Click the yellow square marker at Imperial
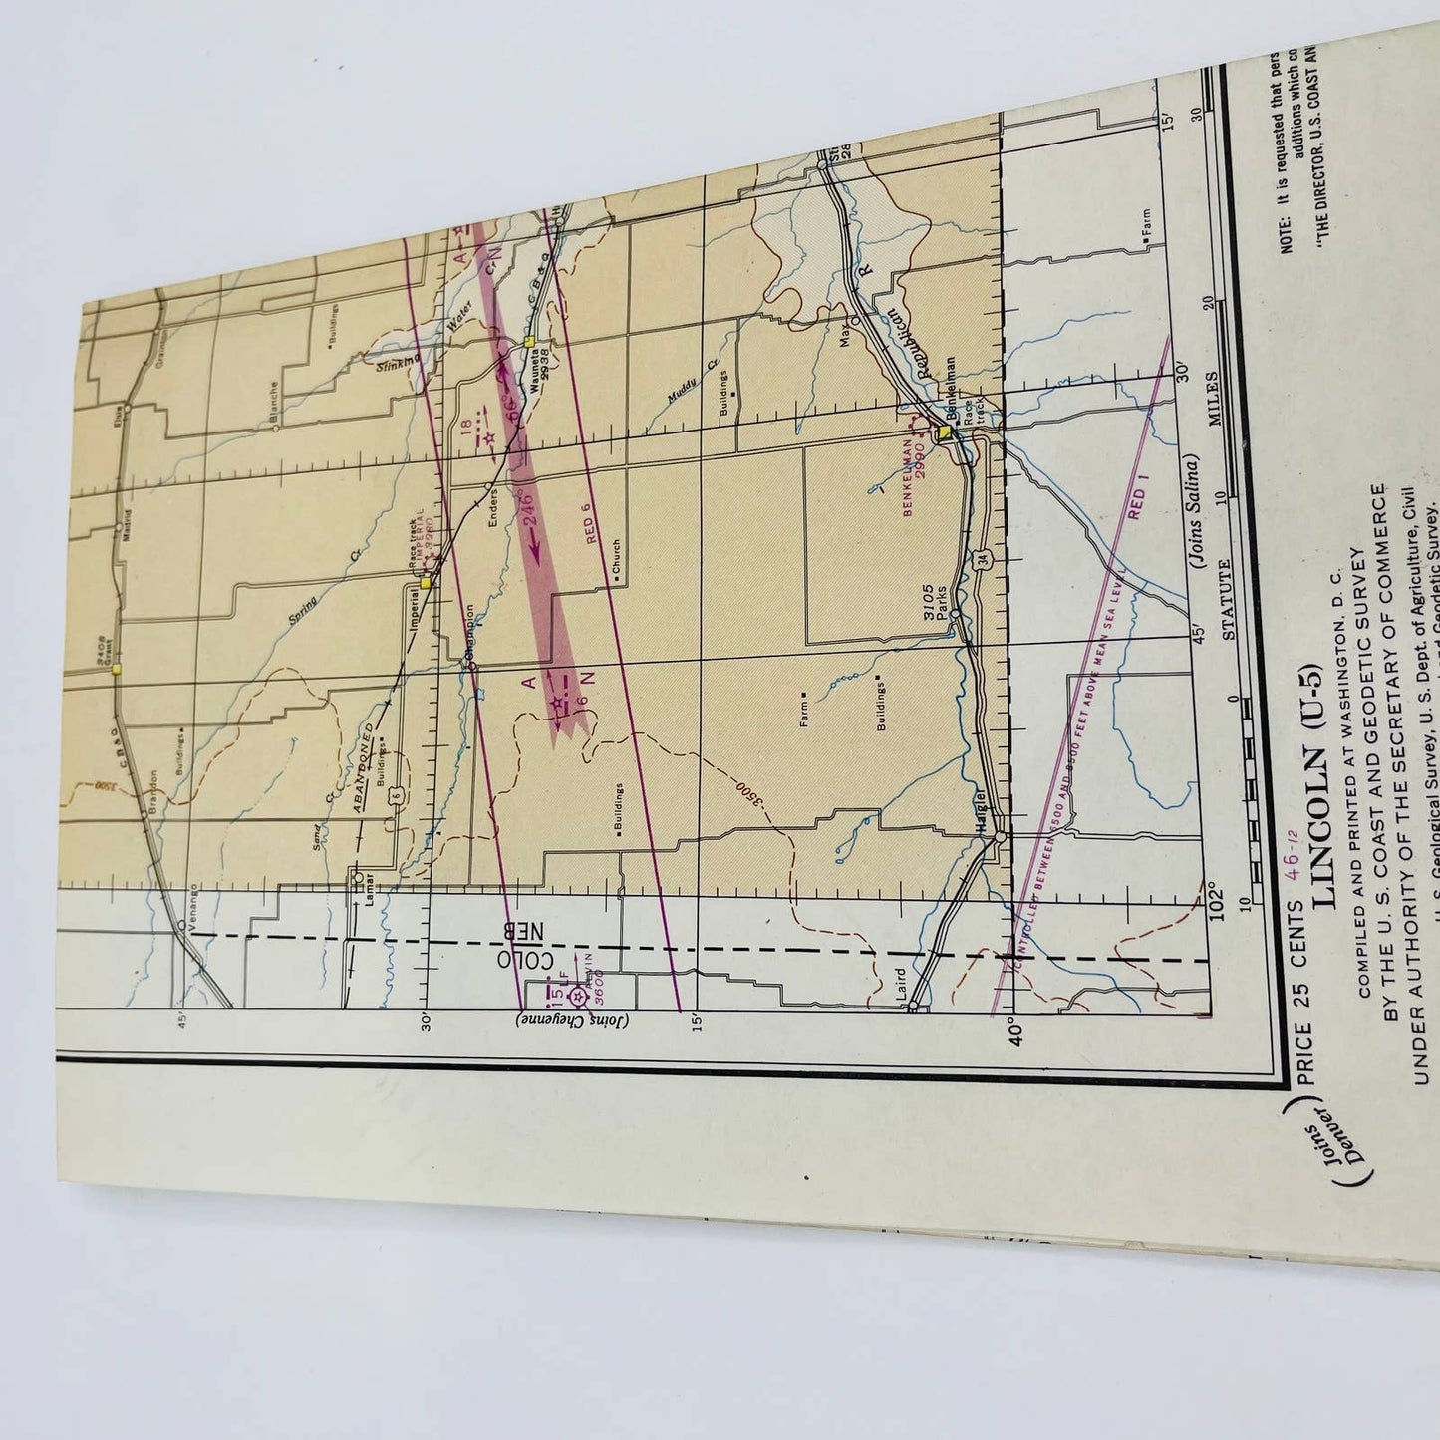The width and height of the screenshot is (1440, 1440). point(426,584)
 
